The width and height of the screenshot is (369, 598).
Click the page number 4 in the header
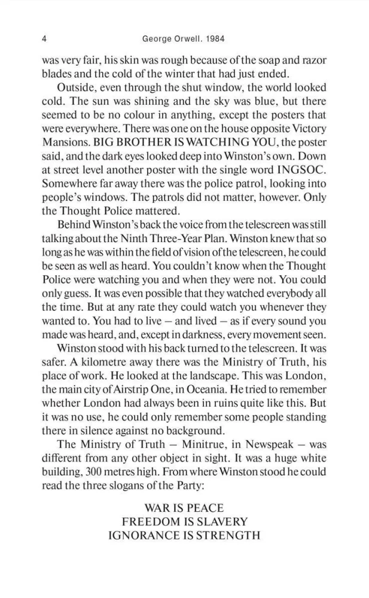45,40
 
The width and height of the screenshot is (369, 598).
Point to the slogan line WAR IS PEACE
184,508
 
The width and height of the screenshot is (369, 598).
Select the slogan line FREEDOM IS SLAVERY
184,522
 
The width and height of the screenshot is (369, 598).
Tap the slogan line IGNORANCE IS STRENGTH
184,535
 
